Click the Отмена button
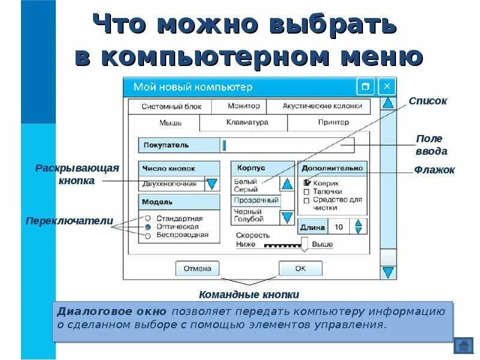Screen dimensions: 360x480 [197, 268]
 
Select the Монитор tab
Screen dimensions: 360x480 [244, 106]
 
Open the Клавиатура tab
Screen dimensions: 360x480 [247, 122]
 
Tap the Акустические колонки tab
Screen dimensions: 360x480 [322, 106]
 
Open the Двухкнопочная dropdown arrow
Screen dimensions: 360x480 [212, 184]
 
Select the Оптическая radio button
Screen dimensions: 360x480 [148, 227]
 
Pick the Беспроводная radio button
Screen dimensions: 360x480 [148, 236]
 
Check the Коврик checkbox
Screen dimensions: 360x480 [307, 182]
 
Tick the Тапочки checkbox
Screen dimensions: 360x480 [307, 192]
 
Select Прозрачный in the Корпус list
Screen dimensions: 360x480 [256, 200]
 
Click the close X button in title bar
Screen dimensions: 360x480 [387, 86]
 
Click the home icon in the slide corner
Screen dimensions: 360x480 [463, 346]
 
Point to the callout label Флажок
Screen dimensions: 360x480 [434, 170]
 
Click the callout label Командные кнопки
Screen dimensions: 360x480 [248, 295]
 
